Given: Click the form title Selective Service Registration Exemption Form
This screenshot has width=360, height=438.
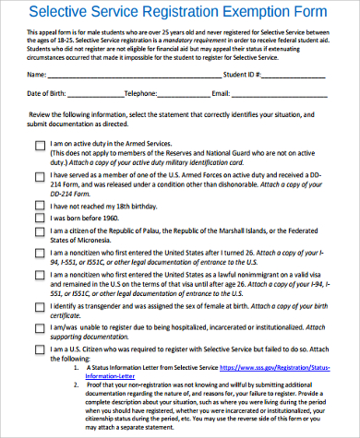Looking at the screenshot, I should (x=179, y=13).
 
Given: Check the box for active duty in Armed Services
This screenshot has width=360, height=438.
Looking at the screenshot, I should (x=39, y=145).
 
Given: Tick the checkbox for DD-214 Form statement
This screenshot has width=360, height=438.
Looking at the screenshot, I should (x=39, y=173).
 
